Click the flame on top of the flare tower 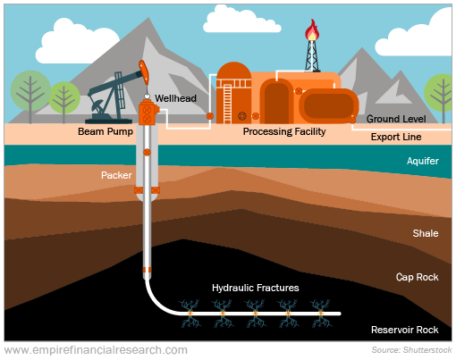(x=312, y=30)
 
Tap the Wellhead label (x=175, y=98)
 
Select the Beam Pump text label (x=106, y=131)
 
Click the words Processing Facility (x=284, y=131)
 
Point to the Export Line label (x=396, y=137)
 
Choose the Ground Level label (x=396, y=119)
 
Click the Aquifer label (x=423, y=161)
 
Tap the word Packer (x=116, y=175)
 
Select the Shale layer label (x=426, y=233)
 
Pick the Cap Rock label (x=417, y=277)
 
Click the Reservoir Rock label (x=405, y=330)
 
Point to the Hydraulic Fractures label (x=256, y=288)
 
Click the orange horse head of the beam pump (x=144, y=71)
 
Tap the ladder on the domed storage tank (x=227, y=104)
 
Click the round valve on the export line (x=352, y=120)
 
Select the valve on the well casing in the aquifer (x=147, y=153)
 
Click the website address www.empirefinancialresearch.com (x=96, y=350)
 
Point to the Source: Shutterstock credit (x=411, y=350)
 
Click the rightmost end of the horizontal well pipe (x=340, y=314)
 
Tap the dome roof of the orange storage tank (x=233, y=71)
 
